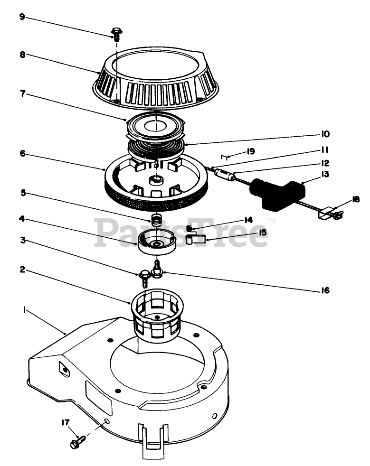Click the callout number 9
click(x=21, y=17)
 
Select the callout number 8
click(x=22, y=54)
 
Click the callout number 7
click(x=21, y=94)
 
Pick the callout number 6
click(x=22, y=154)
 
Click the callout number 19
click(x=251, y=151)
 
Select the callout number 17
click(x=65, y=421)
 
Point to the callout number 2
click(x=22, y=270)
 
